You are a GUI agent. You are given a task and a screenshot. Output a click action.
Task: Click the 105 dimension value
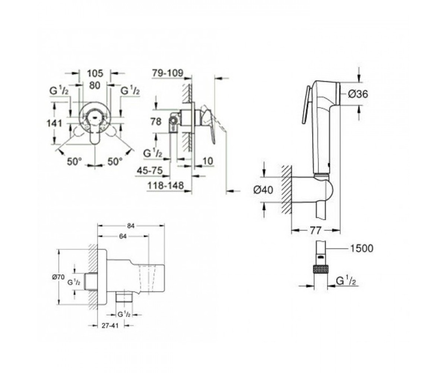tap(95, 73)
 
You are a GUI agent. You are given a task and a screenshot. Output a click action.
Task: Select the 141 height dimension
tap(54, 123)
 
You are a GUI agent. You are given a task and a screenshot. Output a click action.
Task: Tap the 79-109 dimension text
tap(168, 73)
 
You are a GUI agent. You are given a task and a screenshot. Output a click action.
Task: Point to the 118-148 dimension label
tap(166, 186)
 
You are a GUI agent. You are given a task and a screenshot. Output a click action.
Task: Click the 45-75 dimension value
tap(150, 171)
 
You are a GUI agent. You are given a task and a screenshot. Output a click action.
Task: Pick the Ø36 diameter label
tap(358, 94)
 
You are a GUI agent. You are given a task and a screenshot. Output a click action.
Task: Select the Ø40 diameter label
tap(263, 190)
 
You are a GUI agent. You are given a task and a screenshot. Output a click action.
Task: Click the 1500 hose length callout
tap(362, 248)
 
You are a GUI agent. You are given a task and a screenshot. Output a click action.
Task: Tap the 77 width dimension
tap(316, 231)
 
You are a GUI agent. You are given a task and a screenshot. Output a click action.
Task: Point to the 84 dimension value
tap(131, 226)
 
